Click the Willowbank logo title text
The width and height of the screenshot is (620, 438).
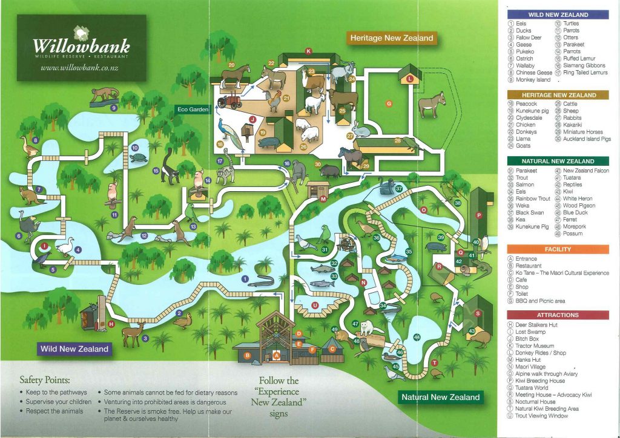[x=81, y=46]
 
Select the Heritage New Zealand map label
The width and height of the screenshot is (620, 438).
[x=392, y=38]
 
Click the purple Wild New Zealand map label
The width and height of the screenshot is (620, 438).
[x=74, y=348]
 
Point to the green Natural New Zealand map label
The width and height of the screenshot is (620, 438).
[x=440, y=397]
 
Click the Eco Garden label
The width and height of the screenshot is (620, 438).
[x=193, y=109]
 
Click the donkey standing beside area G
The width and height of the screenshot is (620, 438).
[x=430, y=105]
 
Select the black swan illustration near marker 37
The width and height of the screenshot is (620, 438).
[x=384, y=188]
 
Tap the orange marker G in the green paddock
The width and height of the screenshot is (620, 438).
[x=389, y=103]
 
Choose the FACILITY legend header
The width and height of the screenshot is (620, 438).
[x=558, y=249]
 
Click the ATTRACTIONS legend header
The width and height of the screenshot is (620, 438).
[x=558, y=315]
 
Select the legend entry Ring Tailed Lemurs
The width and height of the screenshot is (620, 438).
[x=585, y=73]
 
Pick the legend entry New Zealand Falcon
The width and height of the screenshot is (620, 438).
[x=586, y=171]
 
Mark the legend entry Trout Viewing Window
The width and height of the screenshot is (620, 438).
[x=542, y=416]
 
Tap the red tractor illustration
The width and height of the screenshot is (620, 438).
[x=229, y=101]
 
